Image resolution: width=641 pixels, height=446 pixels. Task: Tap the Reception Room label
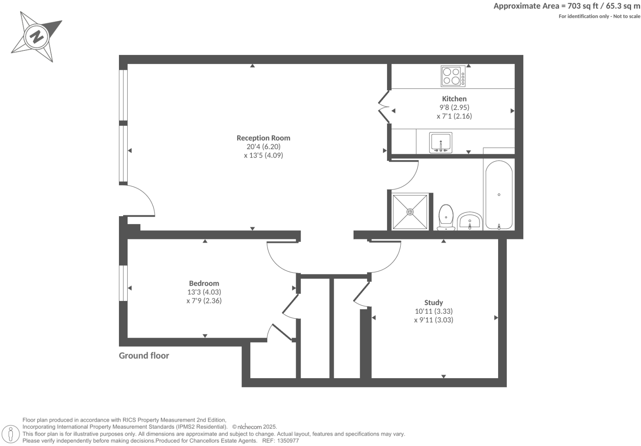pyautogui.click(x=263, y=138)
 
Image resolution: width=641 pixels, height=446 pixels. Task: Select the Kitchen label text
pyautogui.click(x=454, y=99)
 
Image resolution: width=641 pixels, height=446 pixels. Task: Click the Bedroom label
pyautogui.click(x=204, y=284)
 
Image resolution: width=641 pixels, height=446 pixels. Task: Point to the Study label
pyautogui.click(x=433, y=303)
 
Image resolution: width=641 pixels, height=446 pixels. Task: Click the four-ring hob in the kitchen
pyautogui.click(x=451, y=76)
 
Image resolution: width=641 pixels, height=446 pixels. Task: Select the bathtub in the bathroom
pyautogui.click(x=499, y=195)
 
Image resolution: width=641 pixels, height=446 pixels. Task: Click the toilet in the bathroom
pyautogui.click(x=446, y=217)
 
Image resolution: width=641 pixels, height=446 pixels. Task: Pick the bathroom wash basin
pyautogui.click(x=470, y=221)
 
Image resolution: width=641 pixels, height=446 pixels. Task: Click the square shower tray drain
pyautogui.click(x=410, y=212)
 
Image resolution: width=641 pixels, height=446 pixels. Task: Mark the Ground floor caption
pyautogui.click(x=144, y=356)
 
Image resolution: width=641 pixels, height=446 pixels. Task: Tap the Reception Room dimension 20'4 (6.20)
pyautogui.click(x=263, y=147)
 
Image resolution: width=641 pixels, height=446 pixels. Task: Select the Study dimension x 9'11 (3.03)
pyautogui.click(x=433, y=320)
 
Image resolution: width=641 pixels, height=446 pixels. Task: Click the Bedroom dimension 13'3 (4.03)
pyautogui.click(x=204, y=292)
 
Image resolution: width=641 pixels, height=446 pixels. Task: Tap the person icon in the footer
pyautogui.click(x=11, y=434)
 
